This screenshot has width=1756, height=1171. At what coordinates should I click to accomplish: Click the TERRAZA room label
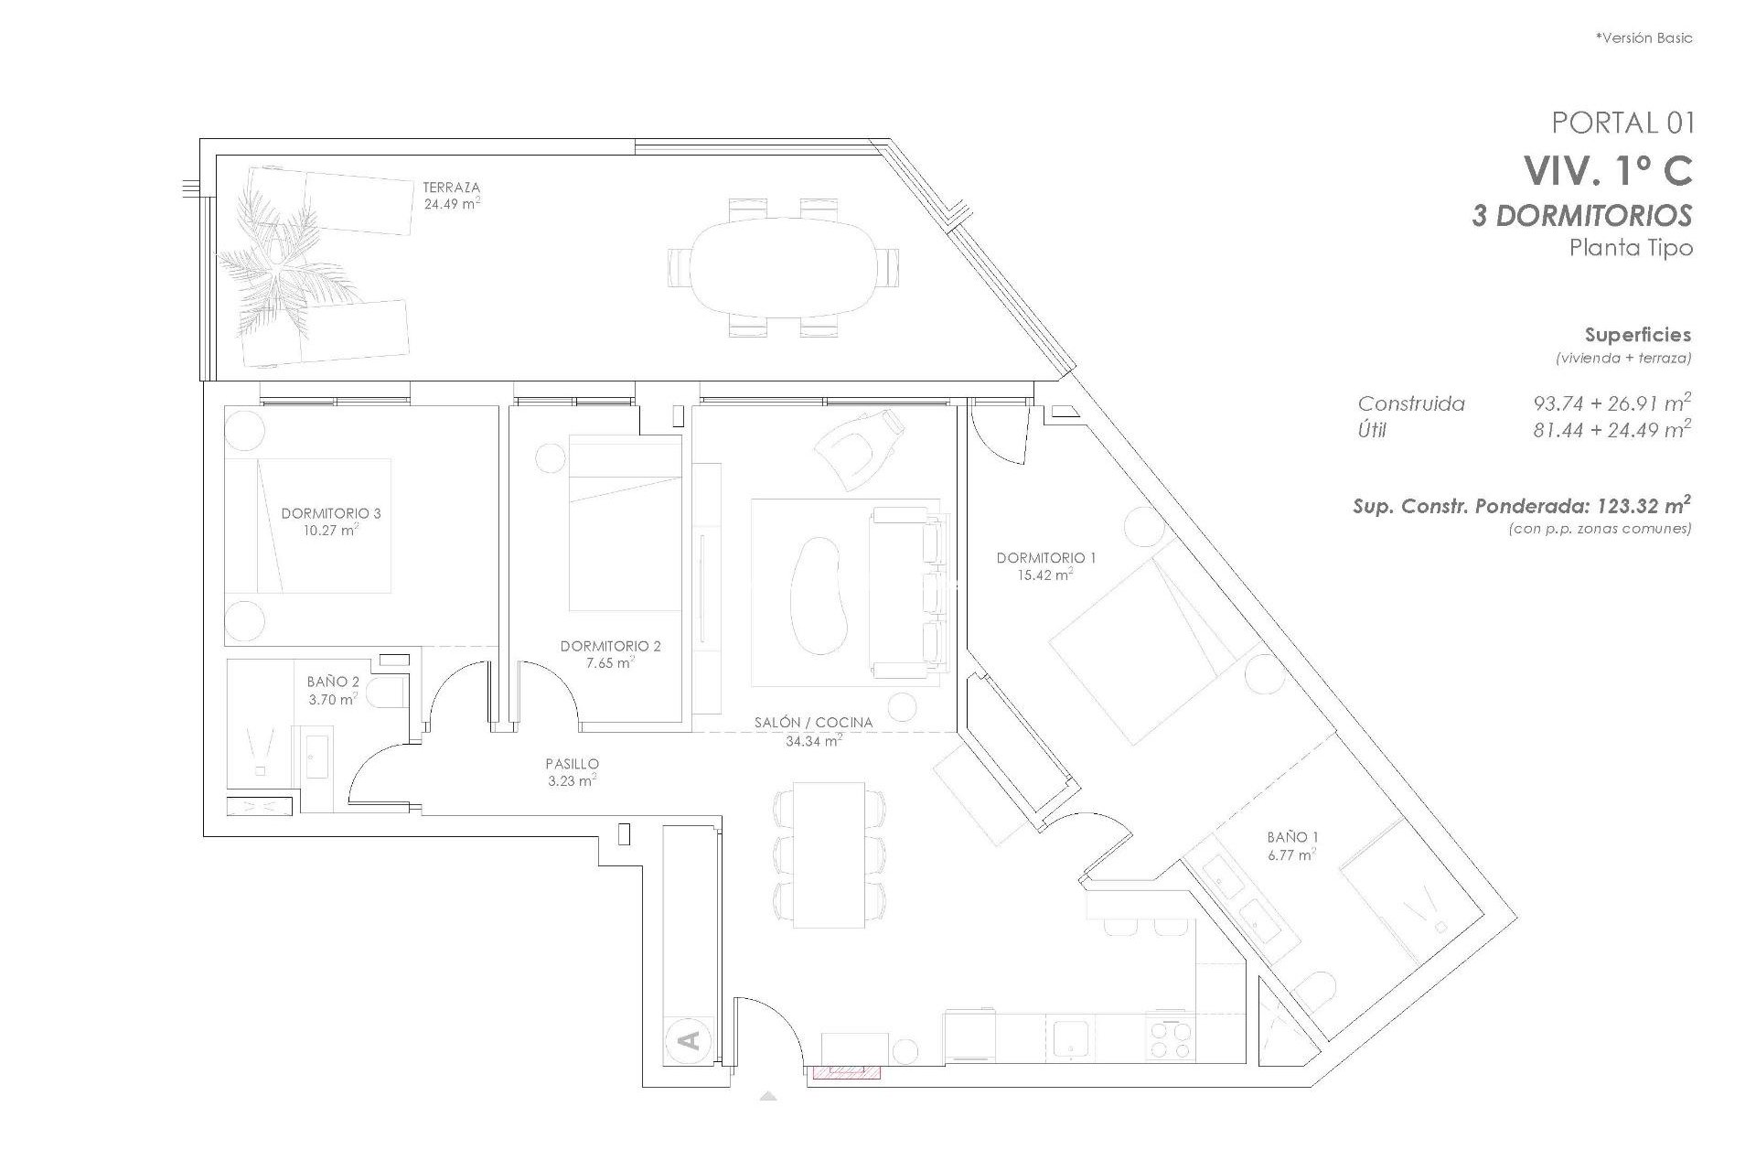(x=451, y=188)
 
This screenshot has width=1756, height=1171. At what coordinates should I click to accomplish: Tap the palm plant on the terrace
(x=274, y=261)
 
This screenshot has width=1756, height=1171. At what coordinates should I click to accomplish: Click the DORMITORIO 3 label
(x=331, y=513)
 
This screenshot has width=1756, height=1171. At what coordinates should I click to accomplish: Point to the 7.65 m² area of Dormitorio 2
(x=610, y=663)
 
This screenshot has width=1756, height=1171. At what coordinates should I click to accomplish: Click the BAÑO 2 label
(x=333, y=682)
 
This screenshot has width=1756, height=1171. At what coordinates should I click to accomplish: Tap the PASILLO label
(x=572, y=763)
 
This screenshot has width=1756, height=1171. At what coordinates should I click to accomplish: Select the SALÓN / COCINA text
(x=813, y=722)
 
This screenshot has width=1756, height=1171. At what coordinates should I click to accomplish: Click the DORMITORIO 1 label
(x=1045, y=557)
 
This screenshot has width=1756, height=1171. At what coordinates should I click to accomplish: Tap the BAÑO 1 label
(x=1292, y=836)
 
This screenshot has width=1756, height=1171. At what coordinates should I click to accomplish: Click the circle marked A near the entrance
(x=691, y=1040)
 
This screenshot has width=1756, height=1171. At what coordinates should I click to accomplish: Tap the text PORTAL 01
(x=1622, y=123)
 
